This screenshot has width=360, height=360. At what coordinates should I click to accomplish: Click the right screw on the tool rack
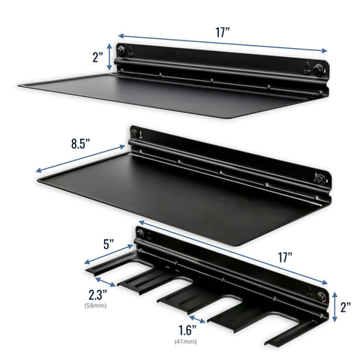coord(320,295)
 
